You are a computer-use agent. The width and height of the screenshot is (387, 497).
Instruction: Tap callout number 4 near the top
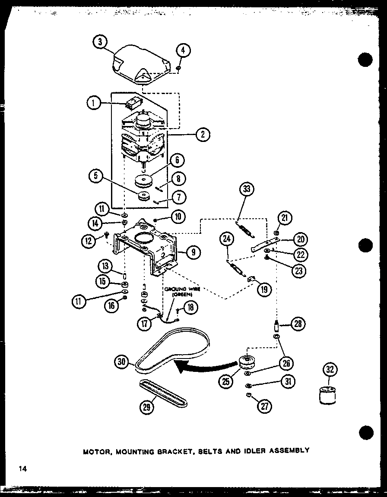(x=183, y=50)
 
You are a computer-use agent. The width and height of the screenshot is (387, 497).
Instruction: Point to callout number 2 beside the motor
(x=202, y=134)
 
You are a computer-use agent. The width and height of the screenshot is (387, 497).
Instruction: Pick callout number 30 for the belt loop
(x=123, y=362)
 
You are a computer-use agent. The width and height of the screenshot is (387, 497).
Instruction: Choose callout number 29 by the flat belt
(x=147, y=406)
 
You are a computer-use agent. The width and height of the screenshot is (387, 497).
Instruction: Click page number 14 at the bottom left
(x=23, y=469)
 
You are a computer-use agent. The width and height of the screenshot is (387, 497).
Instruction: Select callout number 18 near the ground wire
(x=190, y=307)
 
